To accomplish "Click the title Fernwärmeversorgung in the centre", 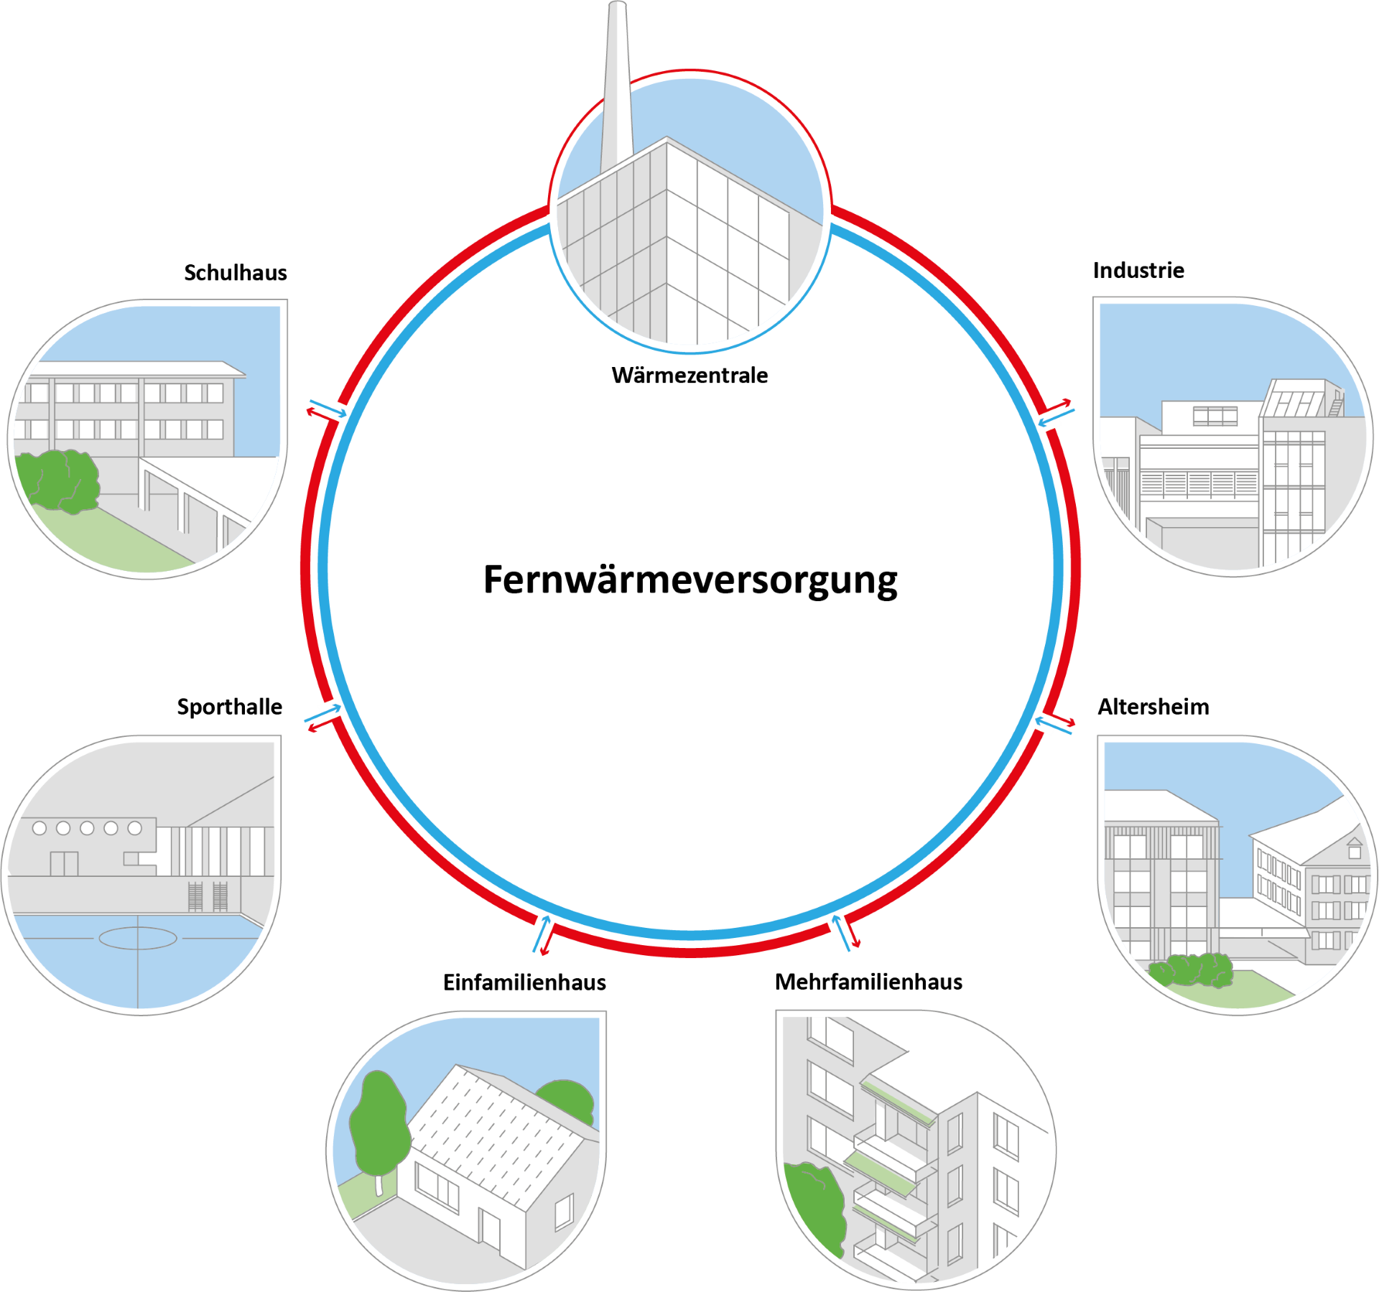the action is coord(690,580).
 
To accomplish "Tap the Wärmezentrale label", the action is coord(689,375).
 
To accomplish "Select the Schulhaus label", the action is coord(236,273).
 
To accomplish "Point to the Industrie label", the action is coord(1138,271).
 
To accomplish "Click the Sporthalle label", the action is coord(230,707).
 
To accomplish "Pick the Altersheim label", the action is coord(1153,707).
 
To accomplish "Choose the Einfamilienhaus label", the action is coord(524,982).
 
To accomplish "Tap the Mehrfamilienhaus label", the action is coord(868,982).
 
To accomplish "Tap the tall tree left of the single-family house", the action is coord(379,1131).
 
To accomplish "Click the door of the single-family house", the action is coord(491,1228).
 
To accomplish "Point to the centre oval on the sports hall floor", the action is coord(138,938).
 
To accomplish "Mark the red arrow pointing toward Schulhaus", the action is coord(322,415).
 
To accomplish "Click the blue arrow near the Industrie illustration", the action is coord(1056,417).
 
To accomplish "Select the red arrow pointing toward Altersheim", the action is coord(1059,720).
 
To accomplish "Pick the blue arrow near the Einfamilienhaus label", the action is coord(541,934).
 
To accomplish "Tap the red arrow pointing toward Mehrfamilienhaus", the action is coord(852,932).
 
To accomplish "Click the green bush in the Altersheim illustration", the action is coord(1191,970).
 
